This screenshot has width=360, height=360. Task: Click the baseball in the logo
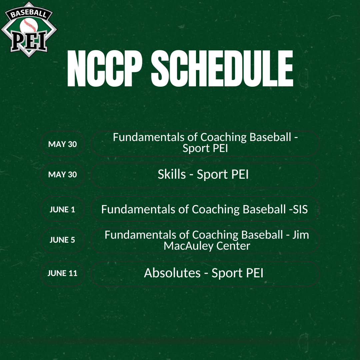click(29, 26)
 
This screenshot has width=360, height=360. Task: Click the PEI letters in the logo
click(29, 41)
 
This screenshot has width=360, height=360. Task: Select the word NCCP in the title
click(104, 68)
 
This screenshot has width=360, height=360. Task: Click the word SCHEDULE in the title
click(222, 68)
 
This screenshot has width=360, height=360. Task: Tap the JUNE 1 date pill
click(62, 209)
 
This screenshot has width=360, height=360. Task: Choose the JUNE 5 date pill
click(62, 240)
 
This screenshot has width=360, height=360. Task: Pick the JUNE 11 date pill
click(62, 273)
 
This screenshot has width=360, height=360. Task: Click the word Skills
click(172, 174)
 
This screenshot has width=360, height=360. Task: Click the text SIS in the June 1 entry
click(300, 209)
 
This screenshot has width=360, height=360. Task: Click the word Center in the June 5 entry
click(233, 246)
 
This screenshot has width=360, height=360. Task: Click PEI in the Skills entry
click(240, 174)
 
